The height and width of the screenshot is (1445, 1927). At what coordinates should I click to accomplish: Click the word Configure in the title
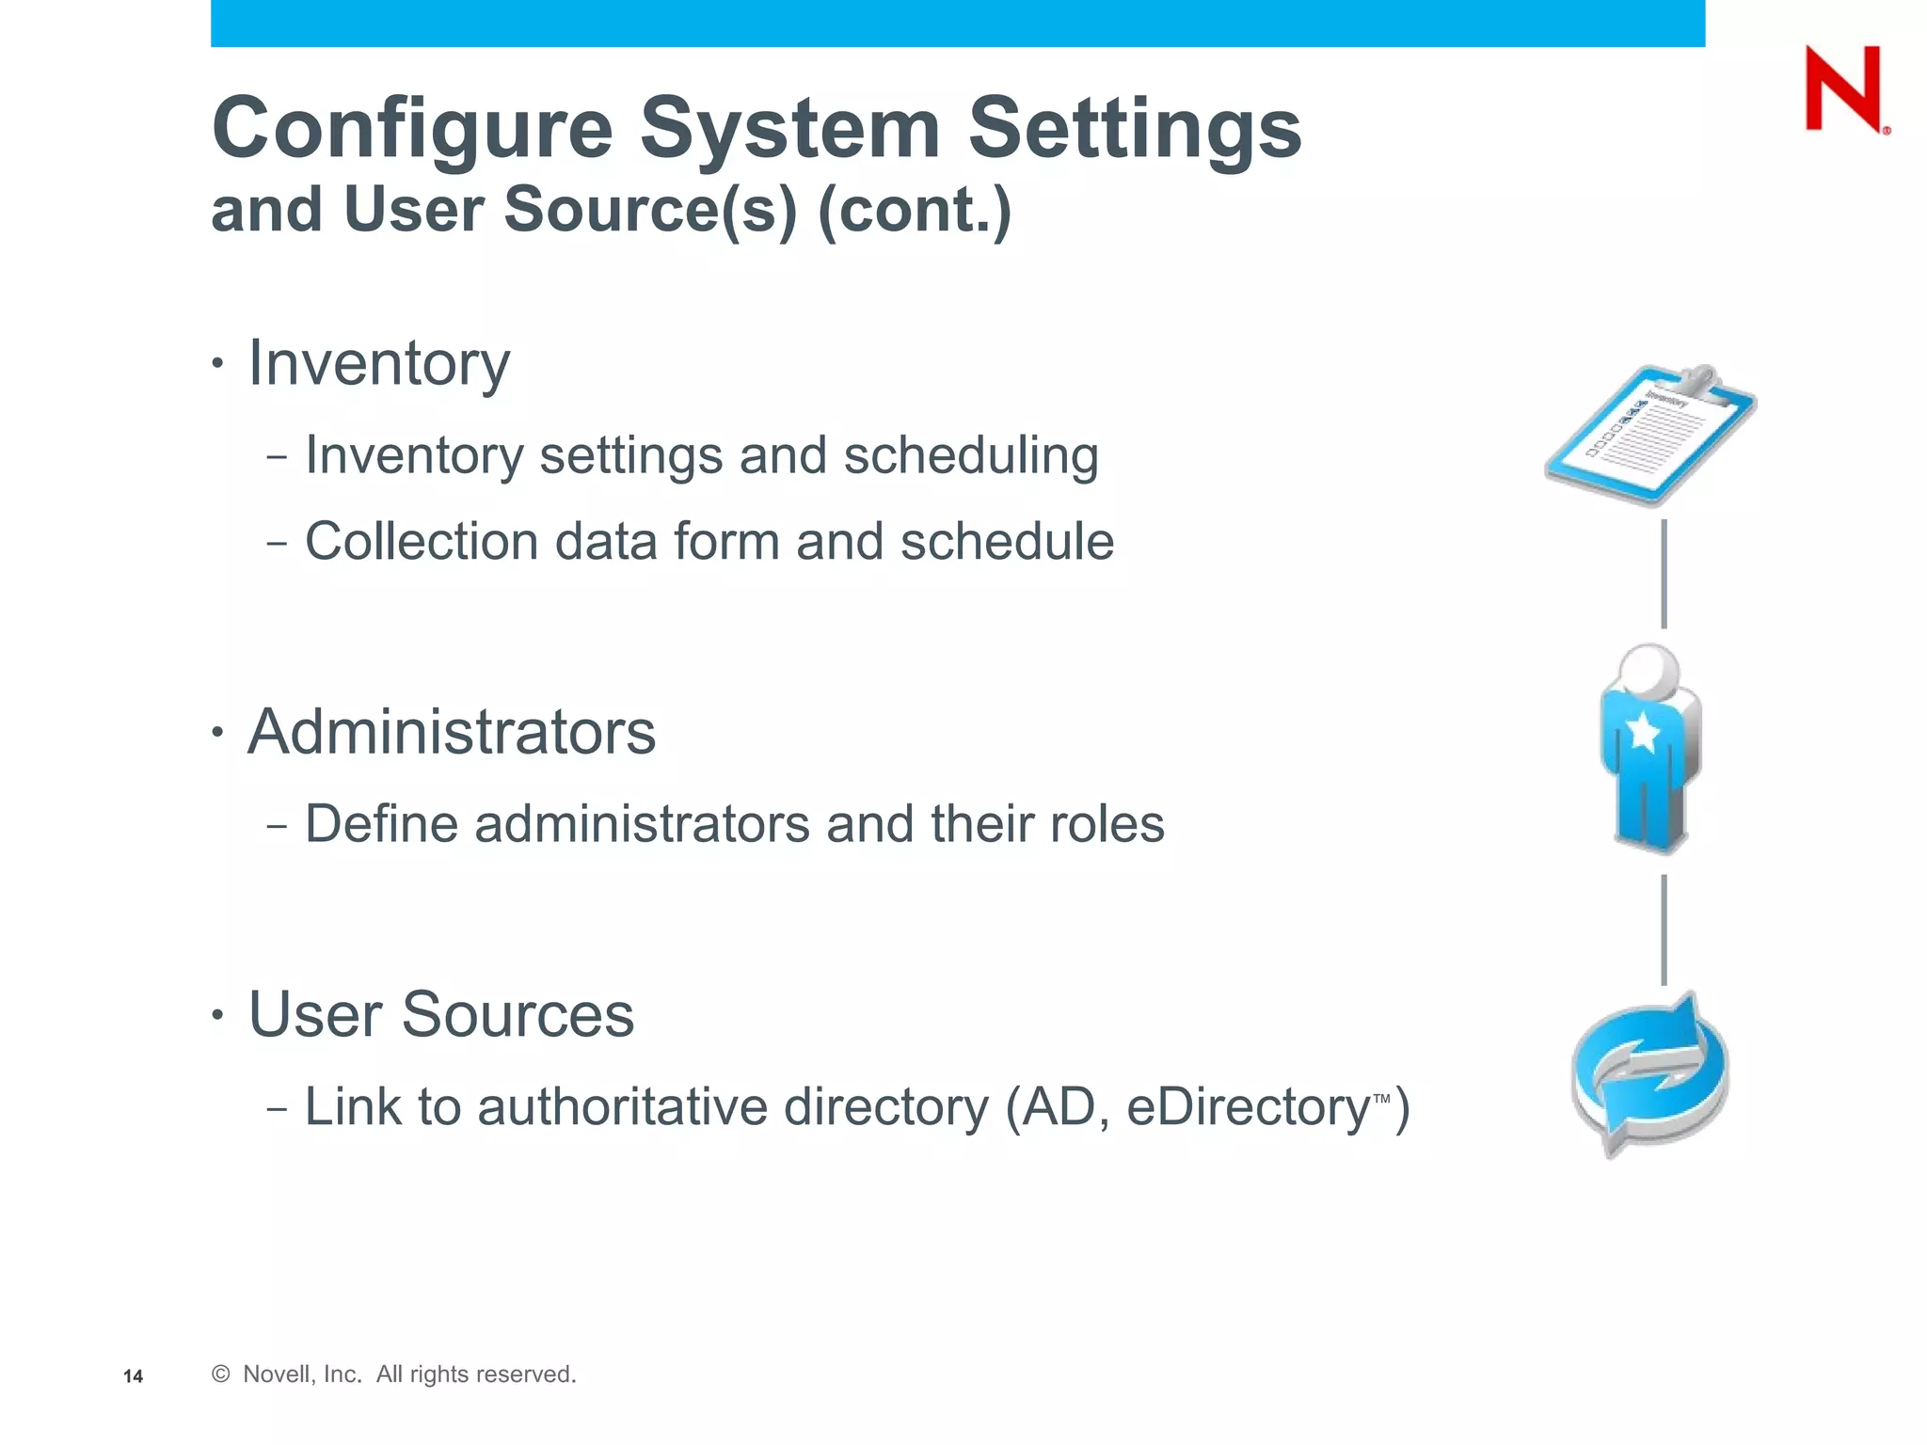point(412,129)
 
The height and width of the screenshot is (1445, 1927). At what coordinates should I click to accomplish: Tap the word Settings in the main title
point(1135,129)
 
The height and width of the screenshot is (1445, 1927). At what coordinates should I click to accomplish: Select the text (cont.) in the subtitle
point(915,209)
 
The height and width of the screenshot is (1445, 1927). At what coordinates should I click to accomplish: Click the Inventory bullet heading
point(378,363)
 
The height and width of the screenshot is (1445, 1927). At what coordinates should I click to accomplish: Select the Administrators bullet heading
point(452,732)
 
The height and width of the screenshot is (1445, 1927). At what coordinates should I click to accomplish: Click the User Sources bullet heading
point(440,1015)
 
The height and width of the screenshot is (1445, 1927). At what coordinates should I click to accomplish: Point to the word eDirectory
point(1249,1107)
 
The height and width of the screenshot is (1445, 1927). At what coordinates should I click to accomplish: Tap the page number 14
point(133,1376)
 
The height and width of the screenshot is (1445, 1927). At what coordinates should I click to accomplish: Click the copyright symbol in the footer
point(221,1374)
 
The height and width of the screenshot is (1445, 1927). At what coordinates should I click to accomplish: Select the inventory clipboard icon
point(1651,435)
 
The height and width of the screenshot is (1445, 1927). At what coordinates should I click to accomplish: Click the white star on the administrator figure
point(1643,730)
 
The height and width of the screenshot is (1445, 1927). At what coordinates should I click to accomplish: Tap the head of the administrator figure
point(1649,670)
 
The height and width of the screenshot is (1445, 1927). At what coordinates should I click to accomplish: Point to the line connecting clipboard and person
point(1664,574)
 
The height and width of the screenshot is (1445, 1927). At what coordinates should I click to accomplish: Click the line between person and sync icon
point(1664,929)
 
